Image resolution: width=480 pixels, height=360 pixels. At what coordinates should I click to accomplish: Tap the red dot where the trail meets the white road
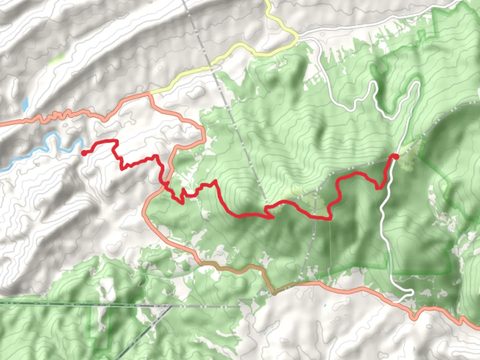point(395,157)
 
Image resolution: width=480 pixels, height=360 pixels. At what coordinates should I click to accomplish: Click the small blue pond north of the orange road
point(25,105)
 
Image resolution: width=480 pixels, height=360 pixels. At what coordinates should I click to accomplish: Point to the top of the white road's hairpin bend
point(416,82)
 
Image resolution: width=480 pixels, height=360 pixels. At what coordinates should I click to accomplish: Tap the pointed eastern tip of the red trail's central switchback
point(273,218)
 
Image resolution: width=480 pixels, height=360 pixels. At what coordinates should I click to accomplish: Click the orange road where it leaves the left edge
point(1,125)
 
